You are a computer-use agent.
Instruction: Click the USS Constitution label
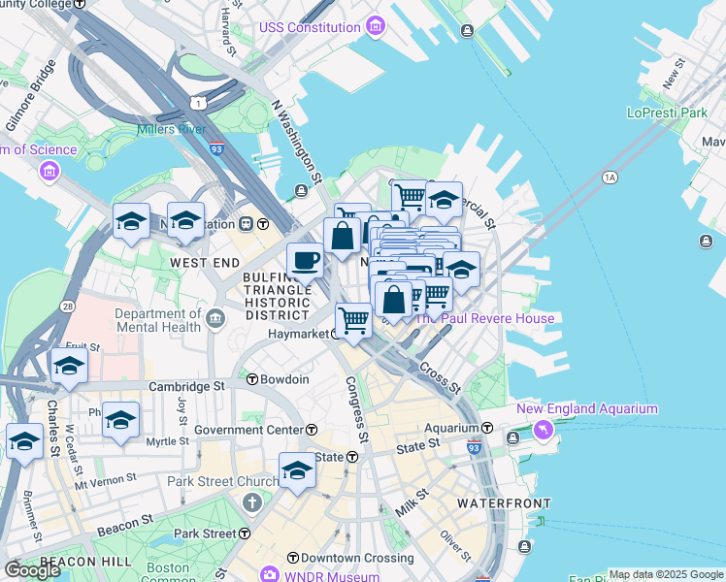[x=309, y=27]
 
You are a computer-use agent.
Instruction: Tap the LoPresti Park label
[x=668, y=113]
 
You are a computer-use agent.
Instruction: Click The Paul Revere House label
[x=485, y=318]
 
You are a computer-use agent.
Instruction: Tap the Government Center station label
[x=248, y=430]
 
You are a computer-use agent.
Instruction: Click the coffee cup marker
[x=305, y=260]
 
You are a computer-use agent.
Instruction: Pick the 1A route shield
[x=610, y=178]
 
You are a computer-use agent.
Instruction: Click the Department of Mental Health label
[x=157, y=321]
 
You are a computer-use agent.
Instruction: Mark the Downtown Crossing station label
[x=339, y=558]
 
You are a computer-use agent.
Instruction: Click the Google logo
[x=32, y=569]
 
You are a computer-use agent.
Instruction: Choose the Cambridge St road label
[x=186, y=386]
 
